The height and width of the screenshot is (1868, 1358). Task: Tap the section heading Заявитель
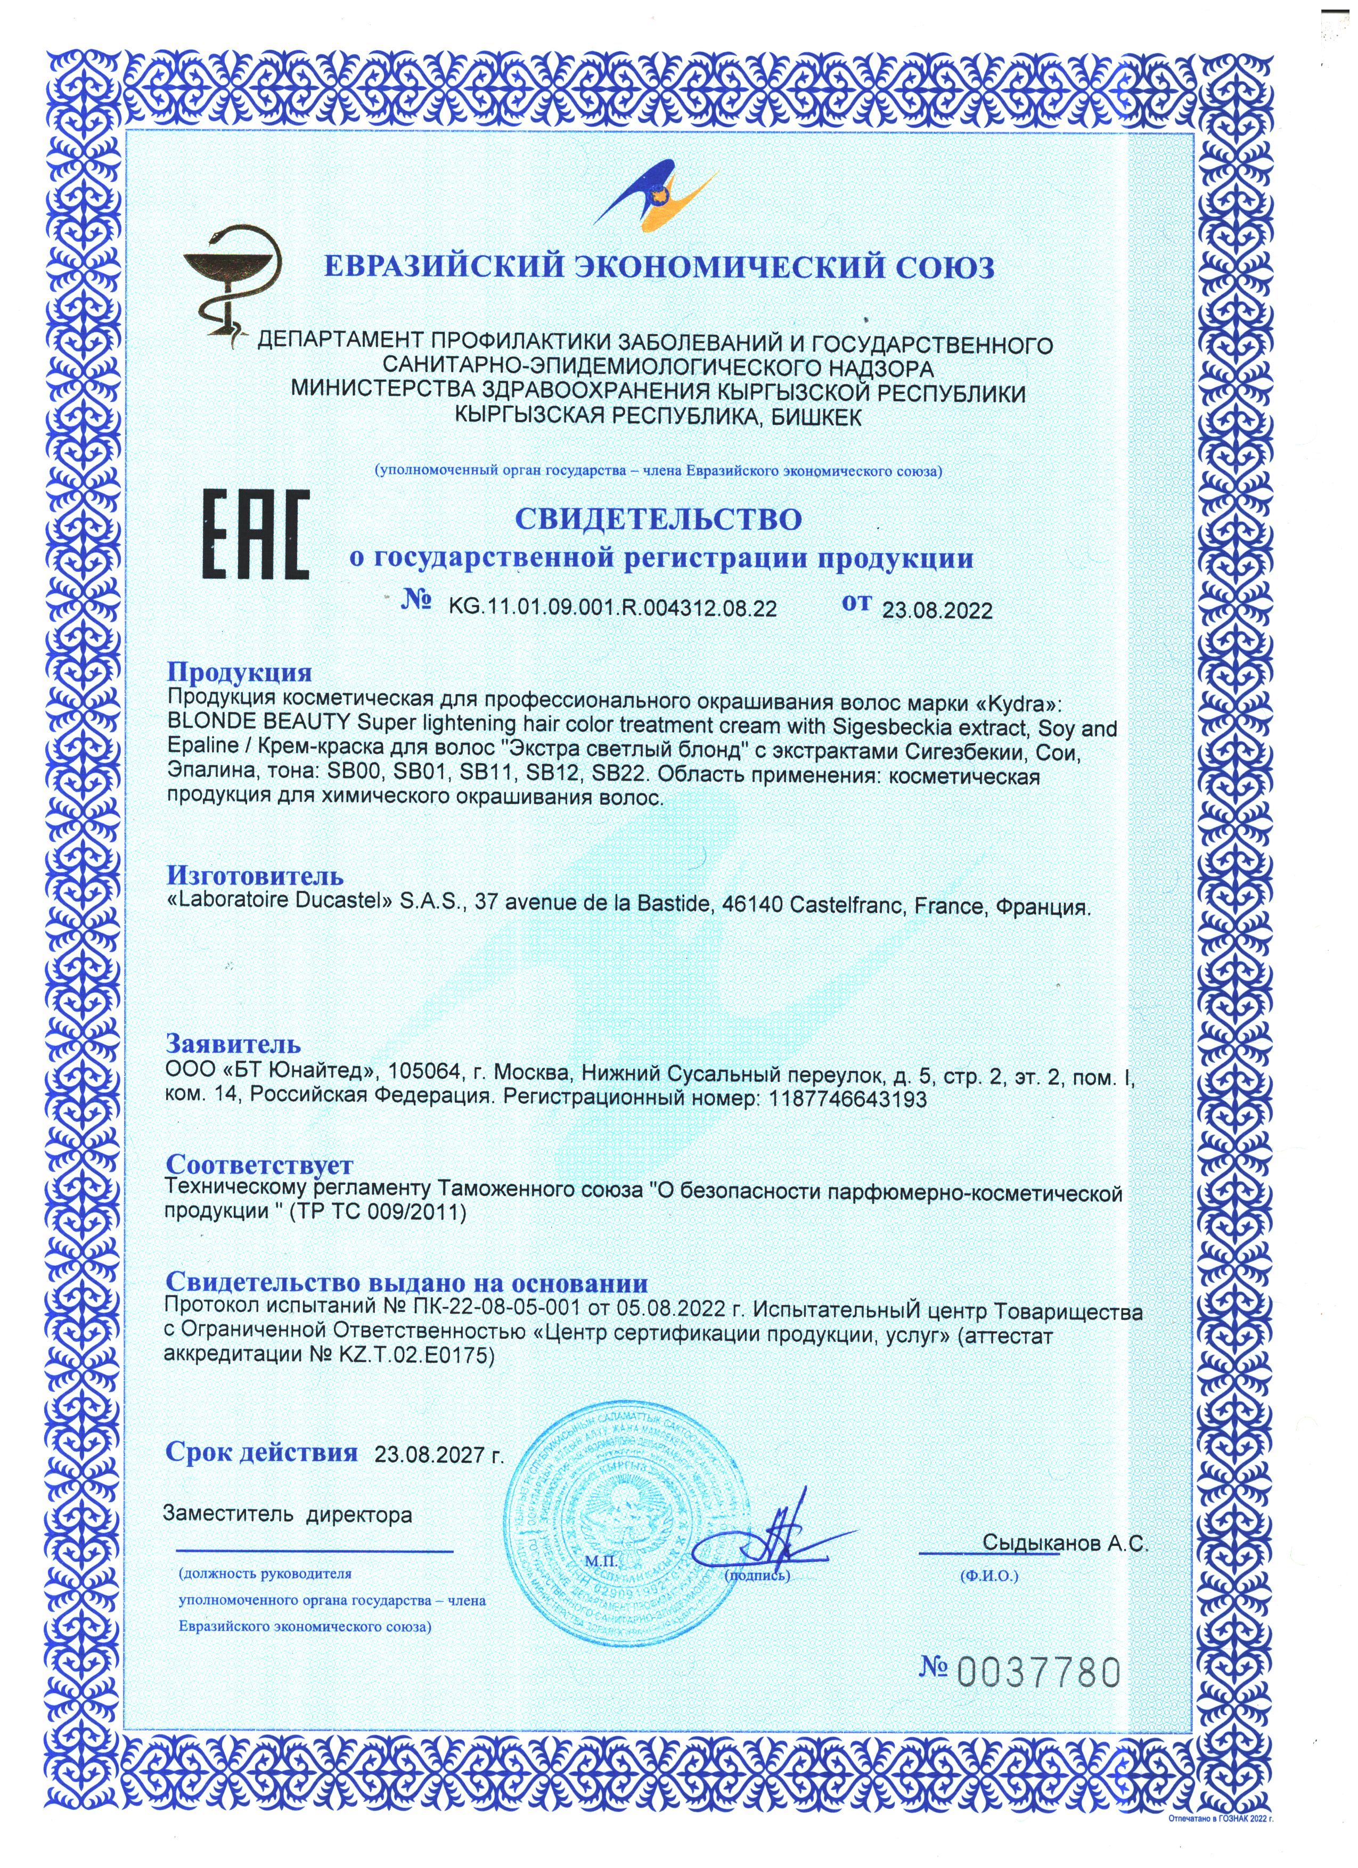[x=233, y=1044]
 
